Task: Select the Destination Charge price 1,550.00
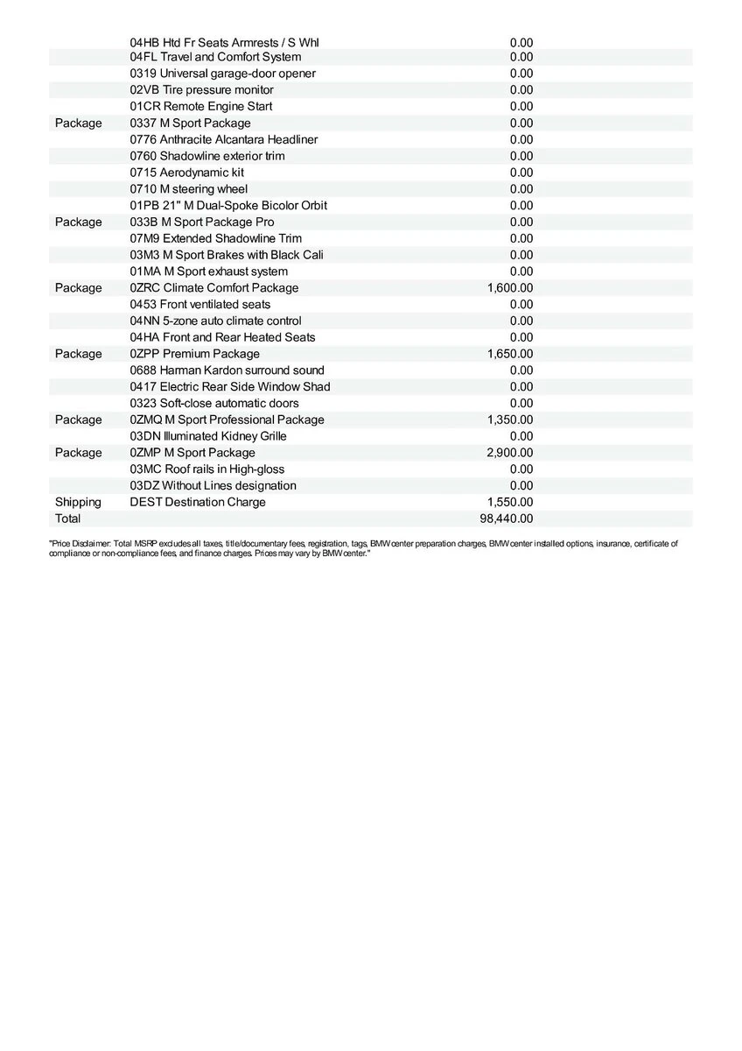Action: [509, 502]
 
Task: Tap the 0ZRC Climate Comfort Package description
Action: [213, 288]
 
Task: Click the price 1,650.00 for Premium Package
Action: [509, 354]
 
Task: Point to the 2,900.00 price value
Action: [509, 453]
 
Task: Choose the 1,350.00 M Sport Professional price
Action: [509, 420]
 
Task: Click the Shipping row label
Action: [78, 502]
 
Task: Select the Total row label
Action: [67, 518]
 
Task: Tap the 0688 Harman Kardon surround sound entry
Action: [227, 370]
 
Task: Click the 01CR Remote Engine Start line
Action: [200, 107]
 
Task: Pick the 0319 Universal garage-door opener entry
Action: [222, 74]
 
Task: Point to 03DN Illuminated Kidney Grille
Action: [207, 436]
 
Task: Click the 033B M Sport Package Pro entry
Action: [201, 222]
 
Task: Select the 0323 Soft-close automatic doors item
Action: [213, 404]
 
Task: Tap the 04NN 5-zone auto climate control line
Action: [215, 321]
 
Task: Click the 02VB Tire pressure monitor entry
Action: [201, 90]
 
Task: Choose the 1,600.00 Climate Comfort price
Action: [509, 288]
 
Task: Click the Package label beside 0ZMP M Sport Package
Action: [78, 453]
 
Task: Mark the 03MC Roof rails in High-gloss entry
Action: [206, 469]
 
